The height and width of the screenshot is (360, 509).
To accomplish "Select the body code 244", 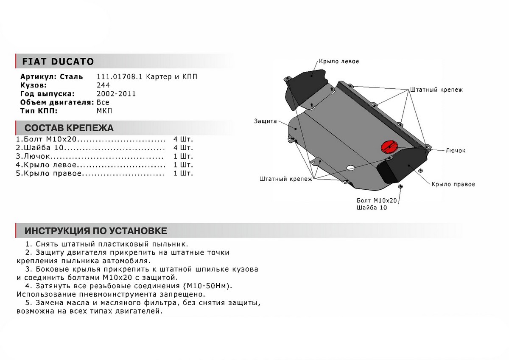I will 103,85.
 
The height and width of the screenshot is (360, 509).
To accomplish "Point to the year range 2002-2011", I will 117,94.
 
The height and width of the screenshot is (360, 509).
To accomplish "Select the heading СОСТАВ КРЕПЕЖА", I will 69,128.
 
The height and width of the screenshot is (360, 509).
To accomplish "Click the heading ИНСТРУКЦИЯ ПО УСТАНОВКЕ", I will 96,231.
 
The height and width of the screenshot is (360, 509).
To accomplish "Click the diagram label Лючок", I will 456,151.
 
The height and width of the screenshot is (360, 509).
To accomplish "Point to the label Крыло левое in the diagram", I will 338,61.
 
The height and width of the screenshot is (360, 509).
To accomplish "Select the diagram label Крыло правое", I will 453,184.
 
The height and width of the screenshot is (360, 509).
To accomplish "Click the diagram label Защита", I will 266,121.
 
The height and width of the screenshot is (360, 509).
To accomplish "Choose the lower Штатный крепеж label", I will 285,180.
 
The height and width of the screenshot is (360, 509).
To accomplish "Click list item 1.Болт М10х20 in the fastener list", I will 47,140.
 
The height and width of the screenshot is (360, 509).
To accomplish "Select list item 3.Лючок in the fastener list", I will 34,156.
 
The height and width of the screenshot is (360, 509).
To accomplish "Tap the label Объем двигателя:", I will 56,102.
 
